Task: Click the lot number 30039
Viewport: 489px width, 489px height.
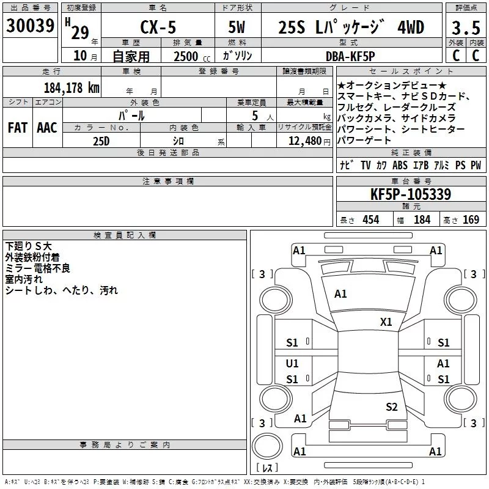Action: pos(29,26)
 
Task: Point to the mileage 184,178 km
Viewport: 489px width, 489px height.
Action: pos(72,87)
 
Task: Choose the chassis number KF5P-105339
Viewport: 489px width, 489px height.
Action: pos(411,194)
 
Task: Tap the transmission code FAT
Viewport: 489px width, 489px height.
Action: pos(17,127)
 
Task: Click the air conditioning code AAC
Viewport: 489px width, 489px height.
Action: pos(46,127)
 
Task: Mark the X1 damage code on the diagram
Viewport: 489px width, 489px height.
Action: pos(386,322)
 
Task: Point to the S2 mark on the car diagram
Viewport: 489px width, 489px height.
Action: pos(392,406)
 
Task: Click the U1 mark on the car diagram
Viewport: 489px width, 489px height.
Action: pos(292,364)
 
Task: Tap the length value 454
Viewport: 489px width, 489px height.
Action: pos(370,220)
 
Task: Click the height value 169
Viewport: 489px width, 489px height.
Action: pos(471,220)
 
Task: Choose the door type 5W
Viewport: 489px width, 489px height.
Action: pos(238,27)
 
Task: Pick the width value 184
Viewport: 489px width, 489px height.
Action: pos(422,220)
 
